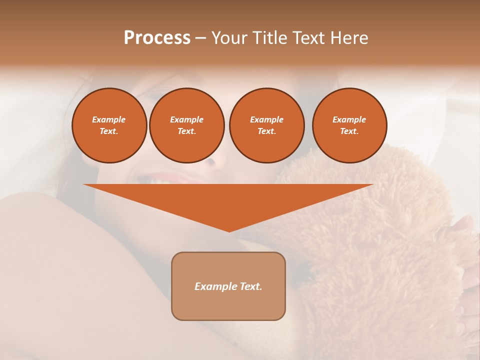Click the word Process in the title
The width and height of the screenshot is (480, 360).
[157, 38]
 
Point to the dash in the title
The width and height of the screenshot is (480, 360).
[200, 38]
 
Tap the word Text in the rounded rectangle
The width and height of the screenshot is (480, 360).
[250, 286]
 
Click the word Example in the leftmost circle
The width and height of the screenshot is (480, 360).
[109, 119]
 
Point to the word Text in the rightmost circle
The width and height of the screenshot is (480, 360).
[349, 131]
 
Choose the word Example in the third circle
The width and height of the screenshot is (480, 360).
[266, 119]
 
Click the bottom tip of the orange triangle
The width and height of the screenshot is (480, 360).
[229, 230]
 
